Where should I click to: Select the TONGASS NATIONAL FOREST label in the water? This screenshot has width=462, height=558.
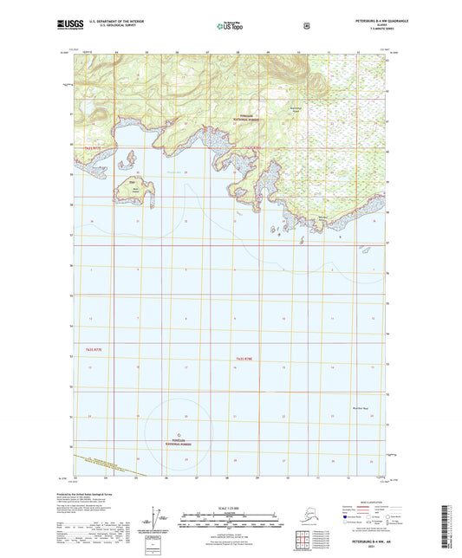pos(179,441)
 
